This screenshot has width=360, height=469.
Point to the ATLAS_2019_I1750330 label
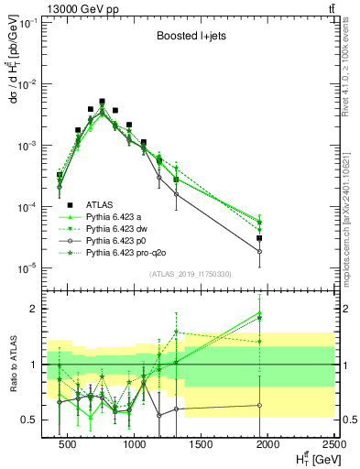coord(189,274)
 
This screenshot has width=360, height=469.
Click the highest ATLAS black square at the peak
coord(103,102)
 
